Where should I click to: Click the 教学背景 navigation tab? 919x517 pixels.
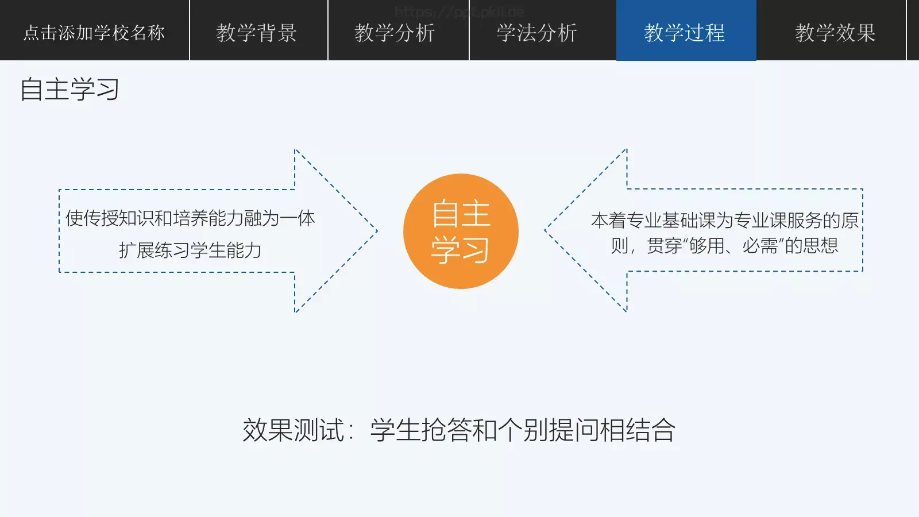click(256, 33)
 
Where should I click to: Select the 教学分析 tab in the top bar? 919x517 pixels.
click(395, 33)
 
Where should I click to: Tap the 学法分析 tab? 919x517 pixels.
click(536, 33)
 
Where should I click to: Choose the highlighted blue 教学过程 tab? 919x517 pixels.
click(685, 33)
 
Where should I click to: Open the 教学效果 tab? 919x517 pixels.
click(835, 33)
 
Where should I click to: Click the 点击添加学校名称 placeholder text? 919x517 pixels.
click(94, 33)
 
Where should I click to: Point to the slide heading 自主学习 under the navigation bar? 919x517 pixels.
click(69, 90)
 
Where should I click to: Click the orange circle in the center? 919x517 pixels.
click(461, 231)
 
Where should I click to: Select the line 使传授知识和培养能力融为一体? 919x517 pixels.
click(190, 218)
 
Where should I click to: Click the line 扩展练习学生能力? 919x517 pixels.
click(190, 250)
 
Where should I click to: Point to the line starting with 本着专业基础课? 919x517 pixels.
click(724, 220)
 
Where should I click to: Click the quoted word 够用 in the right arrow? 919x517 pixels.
click(706, 246)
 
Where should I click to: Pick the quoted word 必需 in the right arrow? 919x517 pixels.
click(760, 246)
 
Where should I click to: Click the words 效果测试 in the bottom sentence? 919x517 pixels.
click(293, 430)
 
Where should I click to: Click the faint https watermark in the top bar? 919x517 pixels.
click(459, 11)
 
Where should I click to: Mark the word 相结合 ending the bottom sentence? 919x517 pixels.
click(637, 430)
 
